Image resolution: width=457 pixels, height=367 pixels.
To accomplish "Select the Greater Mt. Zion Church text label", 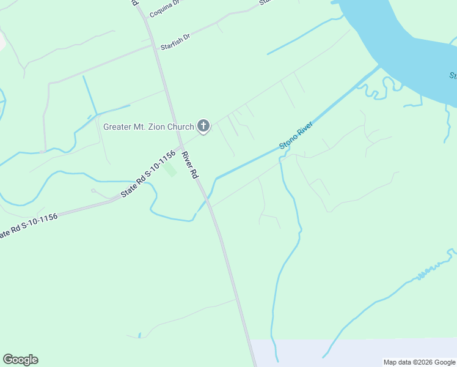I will click(148, 127).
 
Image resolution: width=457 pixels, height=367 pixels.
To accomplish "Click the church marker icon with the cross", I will click(203, 127).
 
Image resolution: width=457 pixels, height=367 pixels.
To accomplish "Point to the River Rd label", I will click(190, 165).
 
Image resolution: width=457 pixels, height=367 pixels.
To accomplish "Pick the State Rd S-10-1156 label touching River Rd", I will click(148, 174).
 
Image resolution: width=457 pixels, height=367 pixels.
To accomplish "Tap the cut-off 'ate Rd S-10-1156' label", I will click(29, 226).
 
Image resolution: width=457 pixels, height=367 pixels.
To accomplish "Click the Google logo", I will click(20, 360).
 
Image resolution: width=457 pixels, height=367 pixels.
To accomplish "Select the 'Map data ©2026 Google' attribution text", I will click(419, 362).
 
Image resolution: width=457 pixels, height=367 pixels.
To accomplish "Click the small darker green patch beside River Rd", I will click(172, 171).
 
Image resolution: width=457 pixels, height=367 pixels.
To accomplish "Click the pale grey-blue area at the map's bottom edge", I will click(354, 352).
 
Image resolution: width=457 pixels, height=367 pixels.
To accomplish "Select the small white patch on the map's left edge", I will click(2, 40).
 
